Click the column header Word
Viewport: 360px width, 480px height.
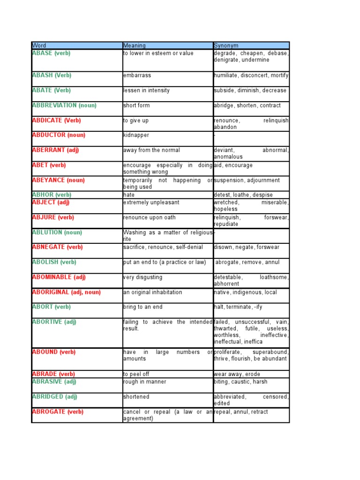(x=39, y=45)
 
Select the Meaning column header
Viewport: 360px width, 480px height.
(x=135, y=45)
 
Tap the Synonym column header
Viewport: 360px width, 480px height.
(x=226, y=45)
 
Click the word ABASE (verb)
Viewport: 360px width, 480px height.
(x=51, y=53)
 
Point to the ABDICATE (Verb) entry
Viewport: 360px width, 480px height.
(x=56, y=120)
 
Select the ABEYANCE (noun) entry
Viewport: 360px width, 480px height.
(x=58, y=180)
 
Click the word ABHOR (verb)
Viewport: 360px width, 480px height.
(x=52, y=195)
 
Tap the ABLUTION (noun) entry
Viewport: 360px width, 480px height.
(x=57, y=232)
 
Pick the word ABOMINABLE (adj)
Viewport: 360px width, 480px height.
(x=59, y=277)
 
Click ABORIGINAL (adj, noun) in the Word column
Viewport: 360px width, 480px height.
(x=66, y=292)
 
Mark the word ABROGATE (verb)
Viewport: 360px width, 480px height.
(x=58, y=412)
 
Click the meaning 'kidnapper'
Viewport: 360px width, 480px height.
(x=136, y=135)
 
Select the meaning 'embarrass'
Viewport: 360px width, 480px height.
(x=137, y=75)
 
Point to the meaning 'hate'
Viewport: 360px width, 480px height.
(x=129, y=195)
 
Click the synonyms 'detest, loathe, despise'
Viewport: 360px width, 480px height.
(x=243, y=195)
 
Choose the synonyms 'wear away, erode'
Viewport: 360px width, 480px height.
(x=237, y=374)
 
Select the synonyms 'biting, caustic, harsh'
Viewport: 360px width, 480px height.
(x=240, y=382)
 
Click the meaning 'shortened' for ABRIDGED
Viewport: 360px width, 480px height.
(x=136, y=397)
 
